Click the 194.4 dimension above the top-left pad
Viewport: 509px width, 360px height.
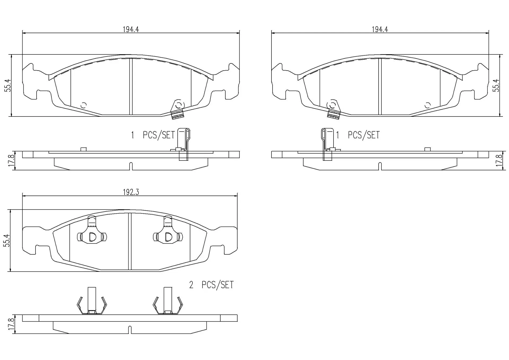pyautogui.click(x=131, y=29)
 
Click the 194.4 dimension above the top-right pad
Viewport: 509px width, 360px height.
pyautogui.click(x=380, y=29)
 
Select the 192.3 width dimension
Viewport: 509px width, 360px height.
pyautogui.click(x=131, y=192)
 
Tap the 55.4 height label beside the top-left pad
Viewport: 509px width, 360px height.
pyautogui.click(x=9, y=85)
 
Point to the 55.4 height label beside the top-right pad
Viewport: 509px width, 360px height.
pyautogui.click(x=496, y=85)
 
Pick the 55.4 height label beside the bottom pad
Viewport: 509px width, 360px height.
pyautogui.click(x=7, y=241)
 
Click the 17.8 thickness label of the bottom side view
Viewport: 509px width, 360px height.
pyautogui.click(x=11, y=324)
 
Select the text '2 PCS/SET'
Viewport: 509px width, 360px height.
pyautogui.click(x=211, y=285)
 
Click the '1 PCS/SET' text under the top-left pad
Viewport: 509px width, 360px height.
pyautogui.click(x=153, y=135)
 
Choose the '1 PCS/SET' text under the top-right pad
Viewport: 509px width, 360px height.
pyautogui.click(x=358, y=135)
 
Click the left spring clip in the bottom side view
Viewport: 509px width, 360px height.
pyautogui.click(x=92, y=301)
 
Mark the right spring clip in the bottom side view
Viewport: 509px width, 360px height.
pyautogui.click(x=168, y=301)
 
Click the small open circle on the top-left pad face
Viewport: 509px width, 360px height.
pyautogui.click(x=84, y=105)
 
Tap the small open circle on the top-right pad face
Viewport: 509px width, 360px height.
pyautogui.click(x=427, y=105)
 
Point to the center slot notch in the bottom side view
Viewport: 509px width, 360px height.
pyautogui.click(x=130, y=330)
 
